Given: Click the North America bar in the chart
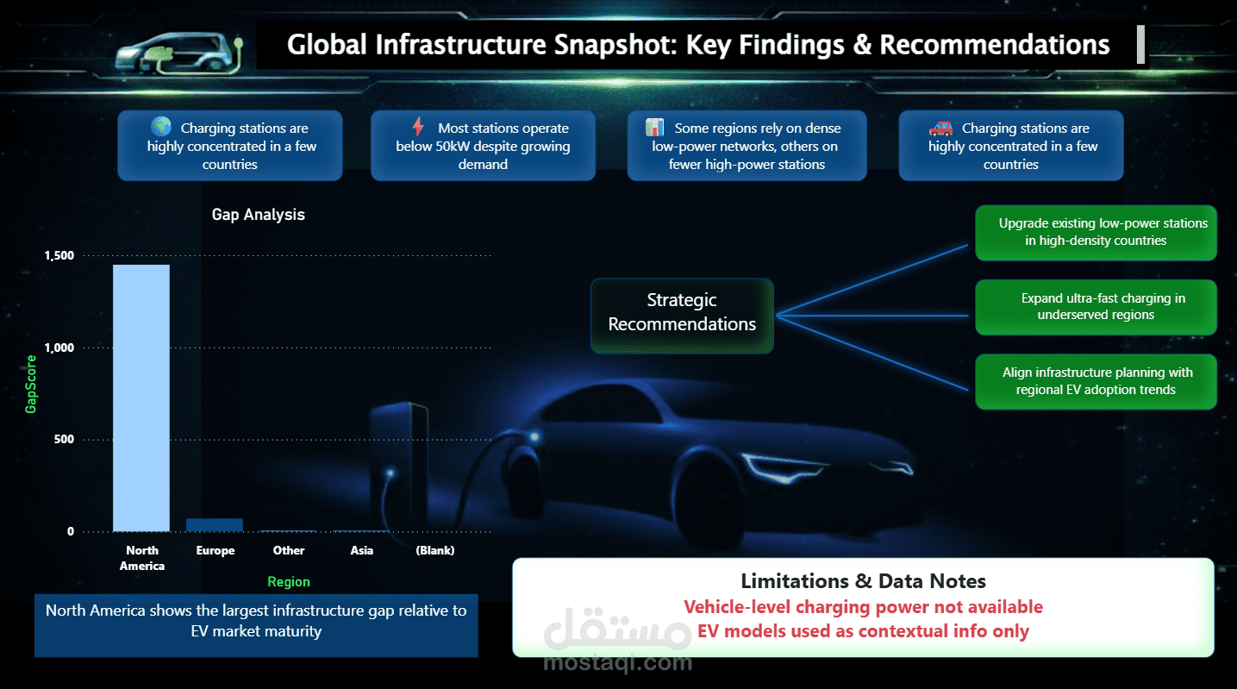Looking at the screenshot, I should click(141, 398).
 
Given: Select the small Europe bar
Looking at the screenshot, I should click(215, 525).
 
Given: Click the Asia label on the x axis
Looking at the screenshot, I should click(362, 550).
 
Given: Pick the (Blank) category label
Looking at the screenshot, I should click(434, 550).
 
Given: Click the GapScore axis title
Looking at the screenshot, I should click(32, 384).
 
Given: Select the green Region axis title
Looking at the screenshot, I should click(289, 581).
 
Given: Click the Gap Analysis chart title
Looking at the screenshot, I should click(259, 215).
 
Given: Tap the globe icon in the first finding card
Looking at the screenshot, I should click(161, 127).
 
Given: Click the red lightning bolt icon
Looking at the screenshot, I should click(419, 128).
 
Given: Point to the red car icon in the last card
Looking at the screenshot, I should click(940, 128).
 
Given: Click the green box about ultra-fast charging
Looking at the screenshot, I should click(1096, 307).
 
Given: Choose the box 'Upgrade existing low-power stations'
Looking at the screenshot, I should click(1096, 232).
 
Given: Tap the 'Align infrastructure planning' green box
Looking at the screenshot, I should click(1096, 381).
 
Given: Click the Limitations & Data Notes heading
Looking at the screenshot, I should click(863, 581).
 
